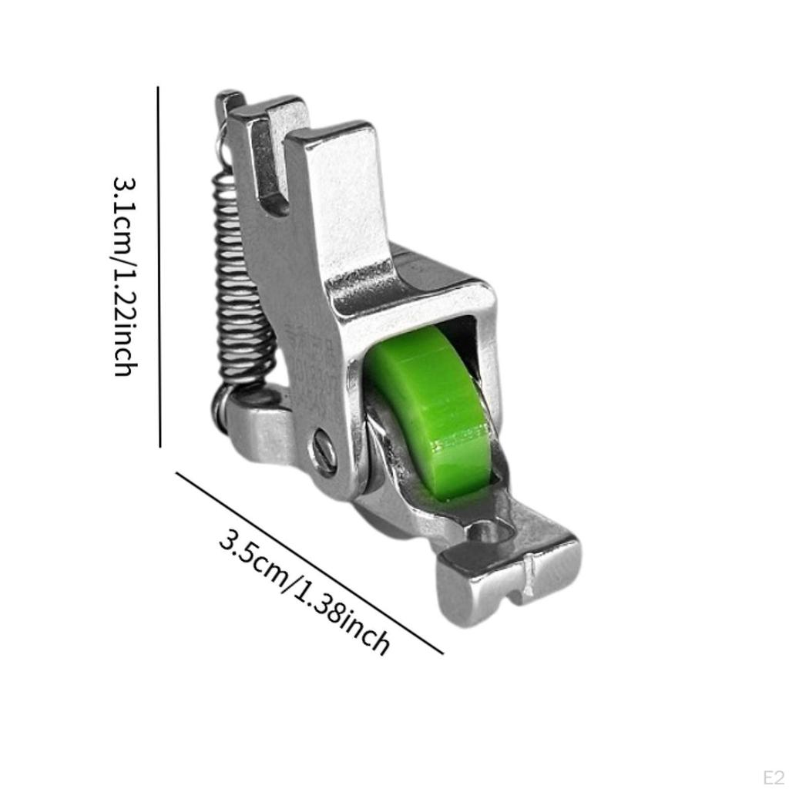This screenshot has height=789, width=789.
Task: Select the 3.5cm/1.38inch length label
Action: [304, 589]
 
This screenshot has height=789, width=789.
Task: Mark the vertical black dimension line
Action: [159, 266]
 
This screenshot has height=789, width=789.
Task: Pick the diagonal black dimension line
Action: [308, 562]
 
